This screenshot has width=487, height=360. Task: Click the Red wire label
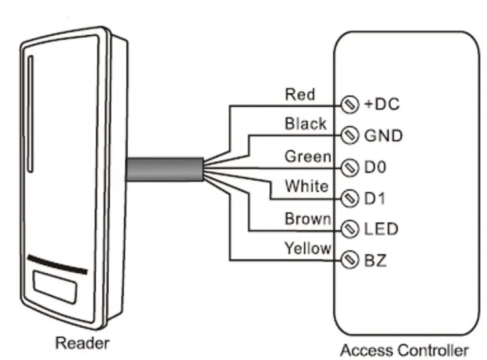click(x=300, y=94)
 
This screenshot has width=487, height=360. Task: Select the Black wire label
click(x=305, y=124)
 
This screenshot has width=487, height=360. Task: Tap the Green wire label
click(x=308, y=157)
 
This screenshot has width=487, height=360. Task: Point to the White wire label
click(x=307, y=186)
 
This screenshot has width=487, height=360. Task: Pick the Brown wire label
click(x=308, y=219)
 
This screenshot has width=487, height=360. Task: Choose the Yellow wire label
click(x=308, y=248)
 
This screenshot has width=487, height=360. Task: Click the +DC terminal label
click(x=381, y=104)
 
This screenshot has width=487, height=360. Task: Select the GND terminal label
click(x=383, y=136)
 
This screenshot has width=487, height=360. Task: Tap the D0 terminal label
click(x=375, y=168)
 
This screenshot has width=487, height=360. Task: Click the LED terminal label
click(x=381, y=229)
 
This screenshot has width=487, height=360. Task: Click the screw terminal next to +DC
click(x=350, y=104)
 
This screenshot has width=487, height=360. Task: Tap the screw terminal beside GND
click(x=350, y=135)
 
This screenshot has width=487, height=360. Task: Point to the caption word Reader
click(x=82, y=343)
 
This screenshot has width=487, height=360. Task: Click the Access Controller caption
click(x=404, y=350)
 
